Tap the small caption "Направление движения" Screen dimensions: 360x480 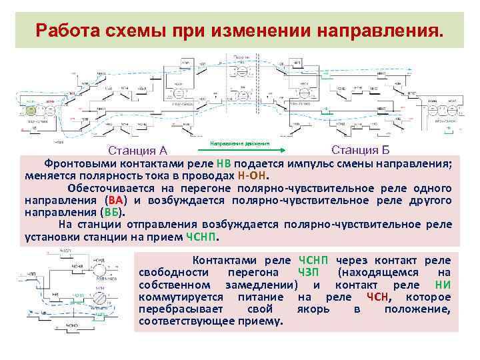coord(239,143)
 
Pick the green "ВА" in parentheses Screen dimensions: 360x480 coord(115,200)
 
